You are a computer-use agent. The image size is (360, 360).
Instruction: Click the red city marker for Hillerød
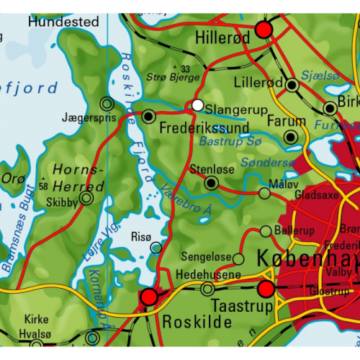[264, 29]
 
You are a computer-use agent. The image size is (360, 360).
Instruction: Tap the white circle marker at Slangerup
[197, 106]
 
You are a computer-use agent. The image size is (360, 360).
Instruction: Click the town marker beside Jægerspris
[107, 103]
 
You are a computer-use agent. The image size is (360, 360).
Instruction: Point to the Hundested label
[63, 22]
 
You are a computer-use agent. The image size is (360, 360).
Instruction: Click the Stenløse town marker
[211, 184]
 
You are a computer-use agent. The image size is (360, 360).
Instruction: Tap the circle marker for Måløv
[264, 193]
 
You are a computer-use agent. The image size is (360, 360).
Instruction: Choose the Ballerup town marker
[266, 231]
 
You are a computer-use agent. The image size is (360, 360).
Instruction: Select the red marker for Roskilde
[149, 296]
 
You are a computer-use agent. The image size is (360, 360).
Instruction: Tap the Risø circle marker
[156, 248]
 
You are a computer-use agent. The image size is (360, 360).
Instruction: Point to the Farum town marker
[291, 137]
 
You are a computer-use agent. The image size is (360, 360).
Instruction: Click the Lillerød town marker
[292, 85]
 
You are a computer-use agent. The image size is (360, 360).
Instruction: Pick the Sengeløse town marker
[239, 257]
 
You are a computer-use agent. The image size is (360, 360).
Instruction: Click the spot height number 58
[45, 186]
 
